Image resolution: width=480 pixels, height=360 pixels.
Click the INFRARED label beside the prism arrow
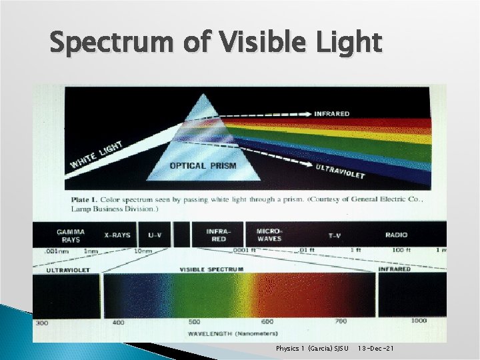point(331,113)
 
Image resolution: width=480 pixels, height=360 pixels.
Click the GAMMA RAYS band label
point(70,235)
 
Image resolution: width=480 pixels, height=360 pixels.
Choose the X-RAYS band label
point(117,235)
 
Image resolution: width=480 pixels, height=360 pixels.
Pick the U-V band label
point(155,235)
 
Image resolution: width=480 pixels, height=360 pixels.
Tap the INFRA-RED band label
point(218,235)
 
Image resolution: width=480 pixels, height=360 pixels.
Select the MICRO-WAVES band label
point(269,235)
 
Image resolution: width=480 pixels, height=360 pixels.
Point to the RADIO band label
point(396,235)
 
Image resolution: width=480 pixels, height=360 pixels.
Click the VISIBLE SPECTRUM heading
point(211,269)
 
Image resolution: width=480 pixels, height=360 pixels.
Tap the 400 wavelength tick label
point(118,322)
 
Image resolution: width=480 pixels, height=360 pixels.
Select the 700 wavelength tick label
point(341,321)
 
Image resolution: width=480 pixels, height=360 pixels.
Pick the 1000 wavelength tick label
point(419,321)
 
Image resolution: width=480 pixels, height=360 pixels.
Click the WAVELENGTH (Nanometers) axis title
point(233,333)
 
